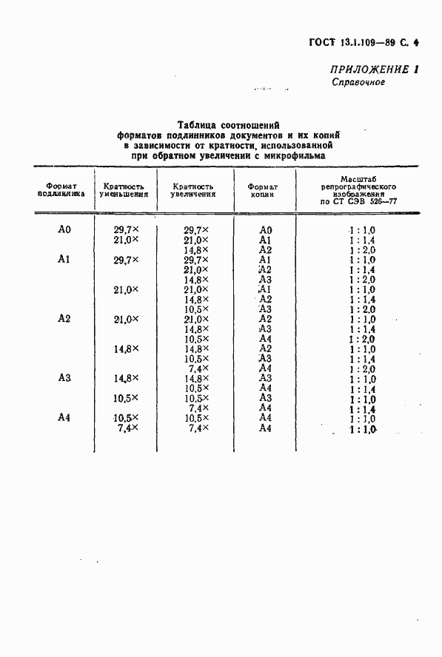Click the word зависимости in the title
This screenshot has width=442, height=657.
(168, 145)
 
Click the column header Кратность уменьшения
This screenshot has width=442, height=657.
(124, 190)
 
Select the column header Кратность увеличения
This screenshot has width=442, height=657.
(193, 190)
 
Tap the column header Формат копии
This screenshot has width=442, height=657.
(262, 190)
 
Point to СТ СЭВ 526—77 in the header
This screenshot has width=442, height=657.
(364, 201)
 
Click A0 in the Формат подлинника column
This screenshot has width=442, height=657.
(64, 229)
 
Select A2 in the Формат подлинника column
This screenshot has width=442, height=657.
(64, 318)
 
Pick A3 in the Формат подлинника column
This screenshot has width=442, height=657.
(64, 377)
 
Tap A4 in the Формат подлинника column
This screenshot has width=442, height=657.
(64, 417)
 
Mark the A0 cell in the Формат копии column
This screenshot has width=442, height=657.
(267, 229)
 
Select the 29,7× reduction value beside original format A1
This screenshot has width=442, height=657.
(126, 260)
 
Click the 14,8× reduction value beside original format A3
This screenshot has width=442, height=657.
(126, 377)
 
